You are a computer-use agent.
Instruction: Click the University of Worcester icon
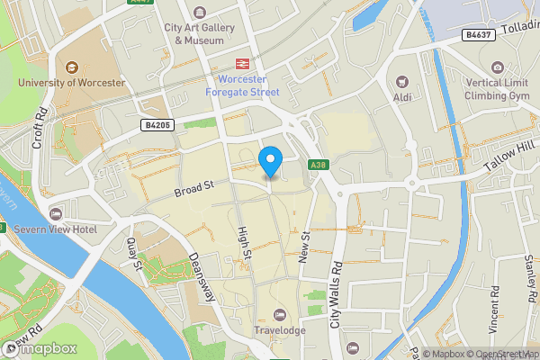70,66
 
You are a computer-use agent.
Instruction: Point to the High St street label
243,244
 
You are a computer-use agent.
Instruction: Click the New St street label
304,247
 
